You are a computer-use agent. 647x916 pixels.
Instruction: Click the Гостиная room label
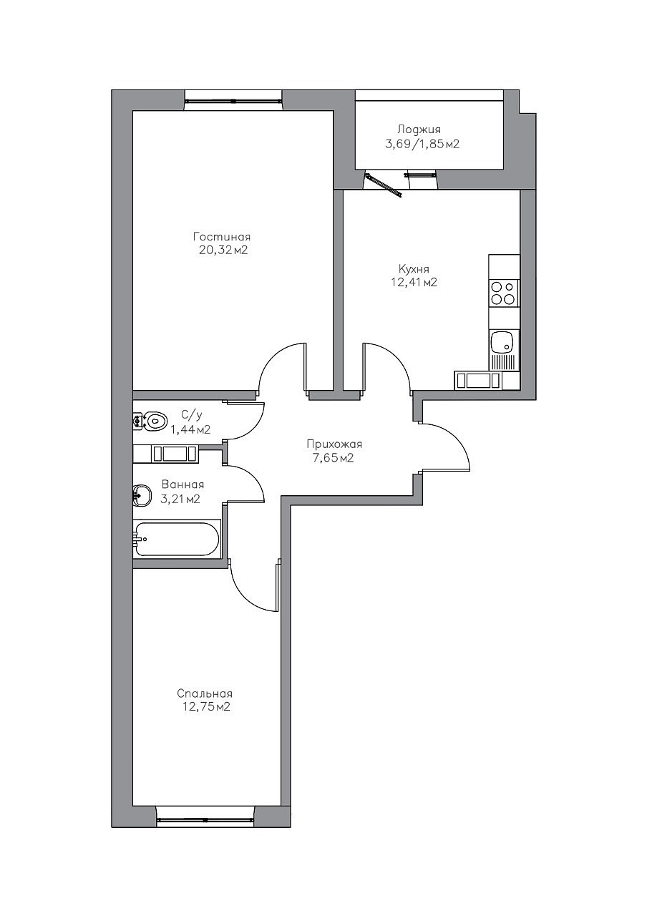pos(222,237)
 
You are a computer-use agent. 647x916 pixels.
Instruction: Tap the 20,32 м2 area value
pos(223,250)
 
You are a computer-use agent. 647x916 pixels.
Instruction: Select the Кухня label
pos(414,270)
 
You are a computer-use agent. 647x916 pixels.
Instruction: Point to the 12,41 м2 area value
pos(414,283)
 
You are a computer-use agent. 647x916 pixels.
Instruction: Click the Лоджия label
pos(419,130)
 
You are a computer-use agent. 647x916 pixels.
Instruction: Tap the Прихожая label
pos(334,444)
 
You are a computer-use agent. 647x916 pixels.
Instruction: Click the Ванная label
pos(183,485)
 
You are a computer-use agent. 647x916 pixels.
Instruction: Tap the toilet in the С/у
pos(151,420)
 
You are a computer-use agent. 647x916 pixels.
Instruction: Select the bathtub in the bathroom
pos(177,540)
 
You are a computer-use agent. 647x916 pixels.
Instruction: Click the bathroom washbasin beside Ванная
pos(141,496)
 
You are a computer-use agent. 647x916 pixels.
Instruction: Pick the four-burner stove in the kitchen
pos(503,293)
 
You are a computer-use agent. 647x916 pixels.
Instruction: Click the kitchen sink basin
pos(502,342)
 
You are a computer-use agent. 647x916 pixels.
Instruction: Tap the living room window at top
pos(233,100)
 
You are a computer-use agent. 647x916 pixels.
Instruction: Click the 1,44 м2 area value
pos(190,430)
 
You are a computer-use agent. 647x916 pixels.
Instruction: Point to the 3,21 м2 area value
pos(180,500)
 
